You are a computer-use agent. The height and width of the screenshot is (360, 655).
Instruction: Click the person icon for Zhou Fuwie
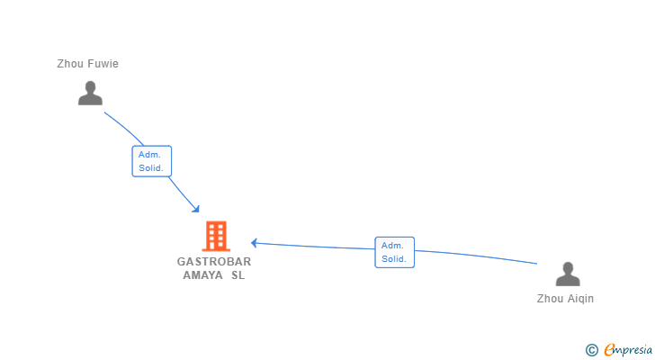90,94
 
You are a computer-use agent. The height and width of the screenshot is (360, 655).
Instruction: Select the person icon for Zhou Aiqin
568,274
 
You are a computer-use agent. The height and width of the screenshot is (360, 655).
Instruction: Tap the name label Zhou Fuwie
87,64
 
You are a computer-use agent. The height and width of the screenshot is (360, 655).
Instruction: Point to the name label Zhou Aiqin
565,299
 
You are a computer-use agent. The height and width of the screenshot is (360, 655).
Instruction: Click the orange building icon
216,236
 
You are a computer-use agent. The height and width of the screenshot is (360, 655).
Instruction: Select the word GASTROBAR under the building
214,262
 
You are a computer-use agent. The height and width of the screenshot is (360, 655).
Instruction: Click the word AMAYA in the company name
202,275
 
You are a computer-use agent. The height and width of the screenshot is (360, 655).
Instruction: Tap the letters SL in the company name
238,275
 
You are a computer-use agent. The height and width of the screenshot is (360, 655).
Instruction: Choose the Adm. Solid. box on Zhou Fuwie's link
150,161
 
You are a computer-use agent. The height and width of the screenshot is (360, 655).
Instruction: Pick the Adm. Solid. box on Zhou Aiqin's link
394,252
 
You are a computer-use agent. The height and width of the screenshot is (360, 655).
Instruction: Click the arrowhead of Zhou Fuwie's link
196,210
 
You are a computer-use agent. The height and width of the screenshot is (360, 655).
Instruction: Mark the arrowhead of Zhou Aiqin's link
255,242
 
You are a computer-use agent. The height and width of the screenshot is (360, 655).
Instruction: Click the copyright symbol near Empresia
591,350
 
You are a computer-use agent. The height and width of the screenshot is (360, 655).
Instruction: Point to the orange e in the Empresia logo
609,350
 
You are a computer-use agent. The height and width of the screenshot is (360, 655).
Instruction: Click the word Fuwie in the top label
102,64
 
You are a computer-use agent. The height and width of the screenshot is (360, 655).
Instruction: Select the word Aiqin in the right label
580,299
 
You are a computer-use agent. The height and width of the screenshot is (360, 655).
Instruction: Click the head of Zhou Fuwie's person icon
90,87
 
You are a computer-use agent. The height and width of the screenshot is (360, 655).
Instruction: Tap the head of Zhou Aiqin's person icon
568,267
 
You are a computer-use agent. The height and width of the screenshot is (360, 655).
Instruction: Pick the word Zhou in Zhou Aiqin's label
550,299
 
